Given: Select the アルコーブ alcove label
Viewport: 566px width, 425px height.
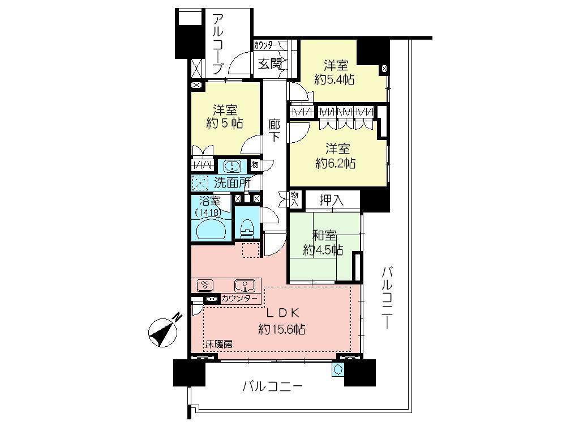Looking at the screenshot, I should point(218,44).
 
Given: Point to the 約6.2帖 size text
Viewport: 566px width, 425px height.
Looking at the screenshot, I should point(336,164).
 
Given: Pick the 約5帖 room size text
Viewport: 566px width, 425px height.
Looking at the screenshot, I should point(225,123).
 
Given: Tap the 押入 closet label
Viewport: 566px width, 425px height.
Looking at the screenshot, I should point(332,200).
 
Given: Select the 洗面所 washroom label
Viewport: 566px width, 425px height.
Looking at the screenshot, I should point(232,183).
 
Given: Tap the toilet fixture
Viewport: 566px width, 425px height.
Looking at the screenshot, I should point(246,229).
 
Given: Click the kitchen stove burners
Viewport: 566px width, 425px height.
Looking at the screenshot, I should point(205,284).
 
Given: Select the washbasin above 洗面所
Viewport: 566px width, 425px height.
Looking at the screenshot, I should point(231,166).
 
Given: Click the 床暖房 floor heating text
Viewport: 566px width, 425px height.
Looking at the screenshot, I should point(218,344).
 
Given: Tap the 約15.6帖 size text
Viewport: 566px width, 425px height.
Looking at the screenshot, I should point(282,329).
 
